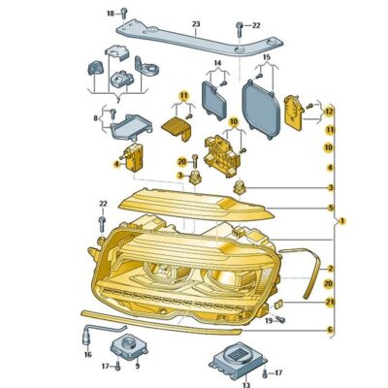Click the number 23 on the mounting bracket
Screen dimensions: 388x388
195,22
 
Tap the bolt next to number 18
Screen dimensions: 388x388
126,14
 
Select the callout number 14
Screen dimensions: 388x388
217,64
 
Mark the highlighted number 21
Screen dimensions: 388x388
329,301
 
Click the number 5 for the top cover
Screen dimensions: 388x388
329,208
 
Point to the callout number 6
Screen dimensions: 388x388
329,331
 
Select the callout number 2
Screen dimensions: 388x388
329,268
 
